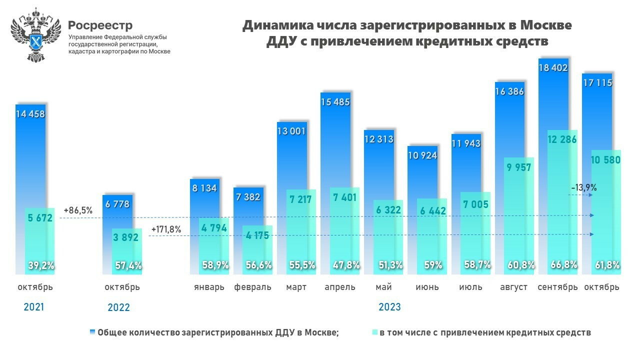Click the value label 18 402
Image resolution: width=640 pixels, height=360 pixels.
coord(553,67)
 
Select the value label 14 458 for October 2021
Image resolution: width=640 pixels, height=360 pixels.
coord(30,114)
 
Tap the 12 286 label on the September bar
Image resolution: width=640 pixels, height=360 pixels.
coord(562,139)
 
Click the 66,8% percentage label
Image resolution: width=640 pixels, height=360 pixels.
coord(562,265)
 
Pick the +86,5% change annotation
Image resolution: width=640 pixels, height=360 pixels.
coord(78,210)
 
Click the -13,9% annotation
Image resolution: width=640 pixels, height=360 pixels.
coord(583,187)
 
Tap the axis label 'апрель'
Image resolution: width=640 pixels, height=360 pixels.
coord(340,287)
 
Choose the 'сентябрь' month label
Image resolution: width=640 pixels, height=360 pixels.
coord(557,287)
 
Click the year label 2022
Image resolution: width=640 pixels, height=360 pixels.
coord(118,307)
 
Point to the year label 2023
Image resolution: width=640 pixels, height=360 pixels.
coord(389,307)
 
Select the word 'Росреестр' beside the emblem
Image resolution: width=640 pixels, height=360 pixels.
coord(100,25)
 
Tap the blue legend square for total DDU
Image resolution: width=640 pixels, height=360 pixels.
coord(92,332)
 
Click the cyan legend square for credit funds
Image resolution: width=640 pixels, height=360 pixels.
coord(375,332)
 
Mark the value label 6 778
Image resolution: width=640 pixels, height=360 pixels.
coord(117,203)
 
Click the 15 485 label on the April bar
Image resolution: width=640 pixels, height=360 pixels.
coord(335,101)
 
